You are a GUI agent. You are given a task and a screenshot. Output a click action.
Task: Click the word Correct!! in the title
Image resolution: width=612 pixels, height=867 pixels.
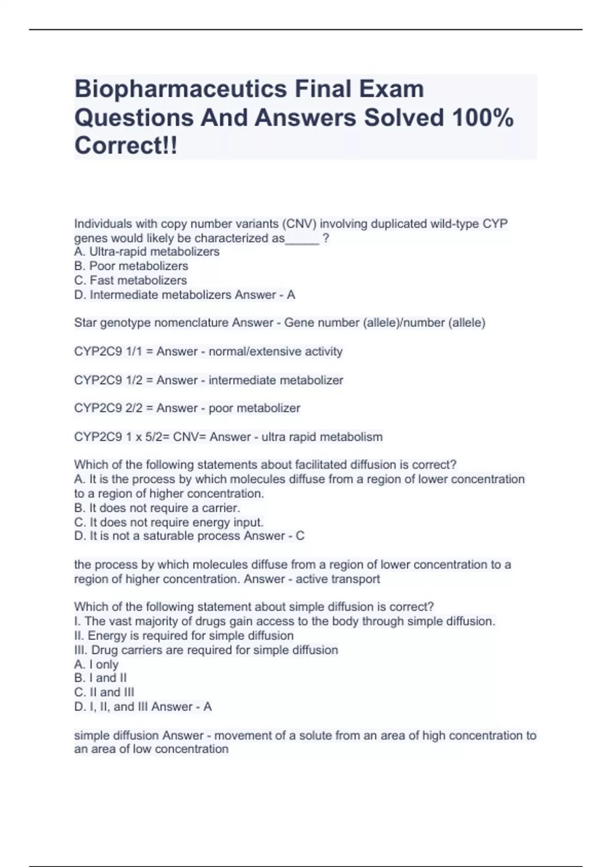coord(126,146)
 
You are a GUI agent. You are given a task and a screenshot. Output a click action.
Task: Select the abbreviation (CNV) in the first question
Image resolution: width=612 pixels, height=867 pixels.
coord(299,224)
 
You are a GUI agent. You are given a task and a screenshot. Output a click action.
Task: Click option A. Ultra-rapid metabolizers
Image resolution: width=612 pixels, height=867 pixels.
coord(147,252)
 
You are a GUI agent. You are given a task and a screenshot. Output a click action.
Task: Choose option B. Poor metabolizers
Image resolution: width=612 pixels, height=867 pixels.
coord(131,266)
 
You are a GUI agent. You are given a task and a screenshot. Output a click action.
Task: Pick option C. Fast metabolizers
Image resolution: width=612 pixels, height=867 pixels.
coord(131,280)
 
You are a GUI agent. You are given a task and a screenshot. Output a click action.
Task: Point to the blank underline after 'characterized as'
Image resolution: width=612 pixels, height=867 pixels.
coord(302,239)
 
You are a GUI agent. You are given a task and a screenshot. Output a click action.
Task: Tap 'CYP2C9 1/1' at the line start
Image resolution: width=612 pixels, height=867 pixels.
coord(107,352)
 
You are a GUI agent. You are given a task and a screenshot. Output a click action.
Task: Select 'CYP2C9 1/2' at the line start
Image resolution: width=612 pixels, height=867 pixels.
coord(107,380)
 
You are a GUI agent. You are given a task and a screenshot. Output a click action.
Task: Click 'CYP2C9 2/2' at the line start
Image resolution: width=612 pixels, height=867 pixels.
coord(107,409)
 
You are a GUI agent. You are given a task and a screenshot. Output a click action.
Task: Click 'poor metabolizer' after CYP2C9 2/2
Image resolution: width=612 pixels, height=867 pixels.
coord(254,409)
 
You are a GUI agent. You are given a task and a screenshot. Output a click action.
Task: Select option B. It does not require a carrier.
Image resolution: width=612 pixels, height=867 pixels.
coord(157,508)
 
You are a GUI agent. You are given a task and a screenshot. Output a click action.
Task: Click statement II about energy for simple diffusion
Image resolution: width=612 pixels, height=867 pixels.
coord(184,636)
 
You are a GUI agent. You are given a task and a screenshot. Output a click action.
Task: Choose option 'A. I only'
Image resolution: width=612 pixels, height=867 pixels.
coord(96,665)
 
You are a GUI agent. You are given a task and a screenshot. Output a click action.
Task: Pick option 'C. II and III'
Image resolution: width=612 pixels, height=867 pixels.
coord(104,693)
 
